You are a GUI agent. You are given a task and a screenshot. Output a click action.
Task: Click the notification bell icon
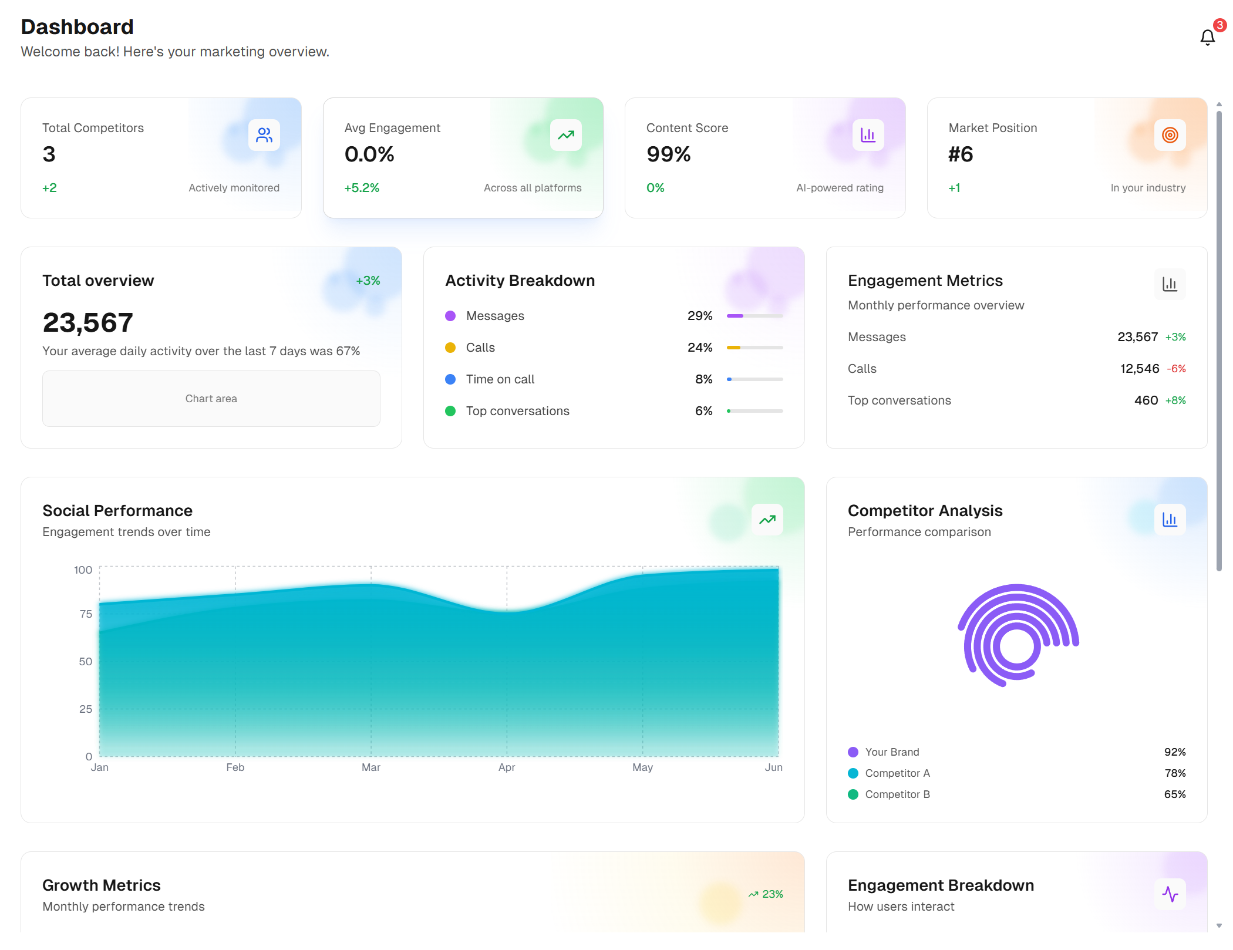[x=1207, y=38]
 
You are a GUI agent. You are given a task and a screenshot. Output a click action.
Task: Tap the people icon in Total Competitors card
[x=264, y=135]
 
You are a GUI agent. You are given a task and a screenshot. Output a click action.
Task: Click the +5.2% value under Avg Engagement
[x=362, y=188]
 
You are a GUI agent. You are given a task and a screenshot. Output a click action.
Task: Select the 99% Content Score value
[x=668, y=154]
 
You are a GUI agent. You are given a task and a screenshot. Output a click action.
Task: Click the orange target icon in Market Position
[x=1170, y=135]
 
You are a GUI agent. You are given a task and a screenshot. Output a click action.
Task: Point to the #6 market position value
[x=961, y=154]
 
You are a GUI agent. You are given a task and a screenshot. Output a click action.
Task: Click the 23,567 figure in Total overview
[x=88, y=322]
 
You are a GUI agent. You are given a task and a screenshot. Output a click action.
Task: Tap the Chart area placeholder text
[x=211, y=399]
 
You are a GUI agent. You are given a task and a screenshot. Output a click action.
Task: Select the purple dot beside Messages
[x=450, y=316]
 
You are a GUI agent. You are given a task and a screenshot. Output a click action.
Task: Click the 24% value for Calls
[x=700, y=348]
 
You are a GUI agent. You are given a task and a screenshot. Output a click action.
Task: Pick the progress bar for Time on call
[x=754, y=379]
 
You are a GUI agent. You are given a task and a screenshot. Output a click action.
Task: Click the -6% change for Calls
[x=1176, y=369]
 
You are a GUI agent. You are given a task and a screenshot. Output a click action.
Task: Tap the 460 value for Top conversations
[x=1146, y=400]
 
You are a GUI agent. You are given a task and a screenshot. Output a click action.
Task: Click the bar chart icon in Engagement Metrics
[x=1170, y=284]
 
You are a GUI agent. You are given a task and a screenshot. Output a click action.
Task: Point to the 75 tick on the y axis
[x=86, y=614]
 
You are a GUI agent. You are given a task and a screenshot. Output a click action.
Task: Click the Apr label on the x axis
[x=507, y=767]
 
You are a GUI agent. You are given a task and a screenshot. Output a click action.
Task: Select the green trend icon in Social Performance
[x=767, y=520]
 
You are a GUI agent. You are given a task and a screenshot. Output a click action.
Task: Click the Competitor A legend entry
[x=897, y=773]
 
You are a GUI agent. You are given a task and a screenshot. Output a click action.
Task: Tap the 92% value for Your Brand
[x=1175, y=752]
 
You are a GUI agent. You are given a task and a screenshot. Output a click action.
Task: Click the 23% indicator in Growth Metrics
[x=766, y=894]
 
